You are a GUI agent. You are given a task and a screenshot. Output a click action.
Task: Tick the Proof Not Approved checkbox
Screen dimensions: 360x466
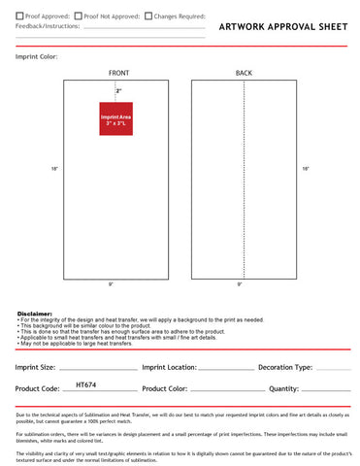click(78, 16)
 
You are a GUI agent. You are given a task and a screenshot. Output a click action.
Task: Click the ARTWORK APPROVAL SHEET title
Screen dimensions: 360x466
click(282, 28)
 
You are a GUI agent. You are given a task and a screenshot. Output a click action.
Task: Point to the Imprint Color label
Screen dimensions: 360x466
click(36, 57)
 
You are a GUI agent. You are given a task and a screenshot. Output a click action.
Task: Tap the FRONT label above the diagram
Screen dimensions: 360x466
click(119, 74)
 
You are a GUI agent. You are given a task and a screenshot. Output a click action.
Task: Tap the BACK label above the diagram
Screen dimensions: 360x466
click(244, 74)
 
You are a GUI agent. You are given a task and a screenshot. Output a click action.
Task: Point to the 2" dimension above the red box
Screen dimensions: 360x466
click(118, 90)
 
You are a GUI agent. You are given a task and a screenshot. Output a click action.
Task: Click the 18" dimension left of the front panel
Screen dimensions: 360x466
click(55, 197)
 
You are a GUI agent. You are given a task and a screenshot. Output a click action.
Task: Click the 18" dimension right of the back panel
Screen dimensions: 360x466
click(306, 196)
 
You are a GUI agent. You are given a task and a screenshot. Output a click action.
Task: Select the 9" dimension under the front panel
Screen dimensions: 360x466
click(111, 284)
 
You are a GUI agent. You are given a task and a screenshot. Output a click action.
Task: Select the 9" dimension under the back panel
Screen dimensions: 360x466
click(240, 284)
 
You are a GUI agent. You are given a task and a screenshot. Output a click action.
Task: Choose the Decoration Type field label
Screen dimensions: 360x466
click(285, 368)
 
